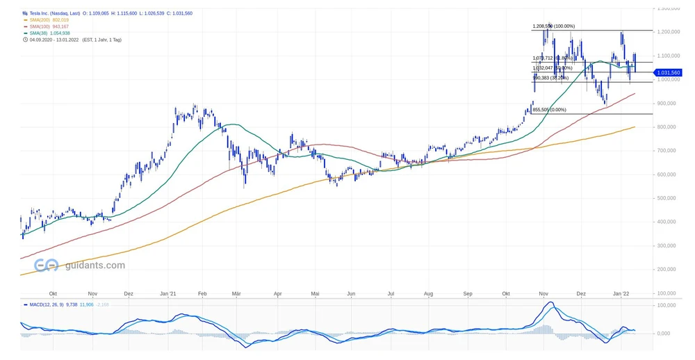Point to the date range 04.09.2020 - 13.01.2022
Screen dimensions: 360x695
(x=52, y=40)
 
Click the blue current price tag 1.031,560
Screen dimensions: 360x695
(x=668, y=72)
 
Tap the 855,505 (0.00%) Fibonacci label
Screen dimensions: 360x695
(x=549, y=110)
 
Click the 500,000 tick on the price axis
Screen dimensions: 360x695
(x=668, y=198)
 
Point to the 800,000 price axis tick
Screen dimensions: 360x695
(x=668, y=127)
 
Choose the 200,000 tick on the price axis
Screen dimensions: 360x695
(x=668, y=269)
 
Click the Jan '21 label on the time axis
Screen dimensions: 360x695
(x=169, y=294)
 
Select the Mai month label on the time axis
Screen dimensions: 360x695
(x=316, y=294)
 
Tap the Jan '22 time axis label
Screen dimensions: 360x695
(x=621, y=294)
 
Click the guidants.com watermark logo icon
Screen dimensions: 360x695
(x=47, y=265)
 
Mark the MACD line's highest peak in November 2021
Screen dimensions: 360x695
(x=550, y=302)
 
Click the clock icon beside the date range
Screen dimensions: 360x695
(x=24, y=40)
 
